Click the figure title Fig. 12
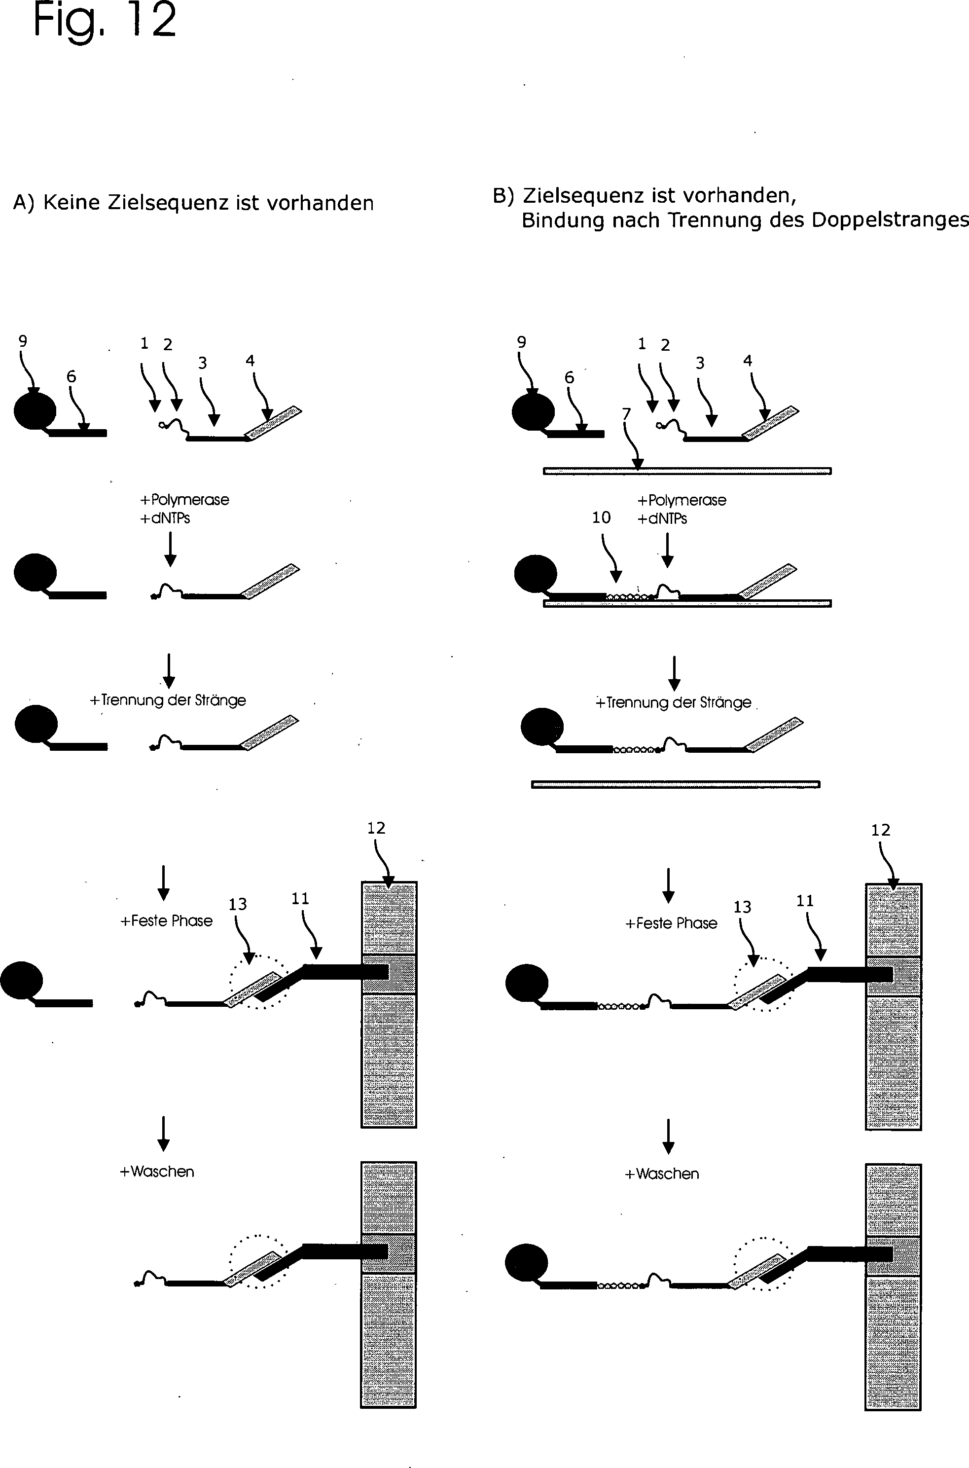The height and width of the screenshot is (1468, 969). click(105, 20)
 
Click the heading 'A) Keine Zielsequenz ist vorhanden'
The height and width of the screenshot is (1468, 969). click(193, 203)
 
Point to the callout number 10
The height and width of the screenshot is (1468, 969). click(601, 517)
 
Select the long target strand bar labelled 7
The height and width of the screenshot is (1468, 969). click(687, 471)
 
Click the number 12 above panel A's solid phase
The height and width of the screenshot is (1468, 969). click(376, 828)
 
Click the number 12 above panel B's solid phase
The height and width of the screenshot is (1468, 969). click(881, 830)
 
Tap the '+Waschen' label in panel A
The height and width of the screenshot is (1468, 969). click(157, 1172)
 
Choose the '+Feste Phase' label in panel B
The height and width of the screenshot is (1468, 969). click(671, 923)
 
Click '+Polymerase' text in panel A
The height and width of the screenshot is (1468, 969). click(185, 499)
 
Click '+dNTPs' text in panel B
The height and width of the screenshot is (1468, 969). click(662, 518)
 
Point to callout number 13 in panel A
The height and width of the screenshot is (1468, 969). click(238, 904)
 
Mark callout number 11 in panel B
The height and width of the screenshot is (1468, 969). click(805, 901)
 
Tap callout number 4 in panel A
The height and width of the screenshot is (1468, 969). click(251, 361)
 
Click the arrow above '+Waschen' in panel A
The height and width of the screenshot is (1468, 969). click(163, 1134)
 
